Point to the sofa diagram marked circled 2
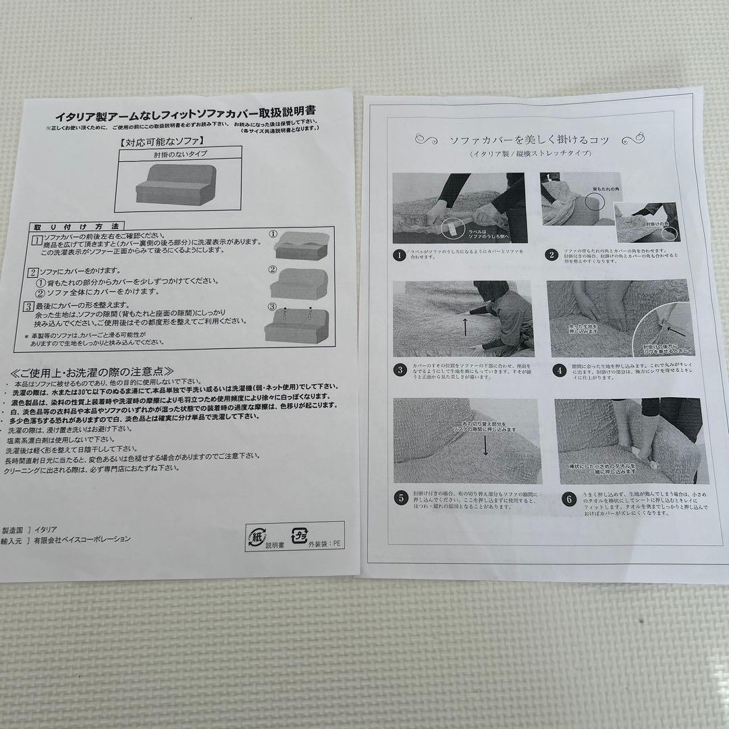(299, 284)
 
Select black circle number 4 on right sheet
(560, 370)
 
